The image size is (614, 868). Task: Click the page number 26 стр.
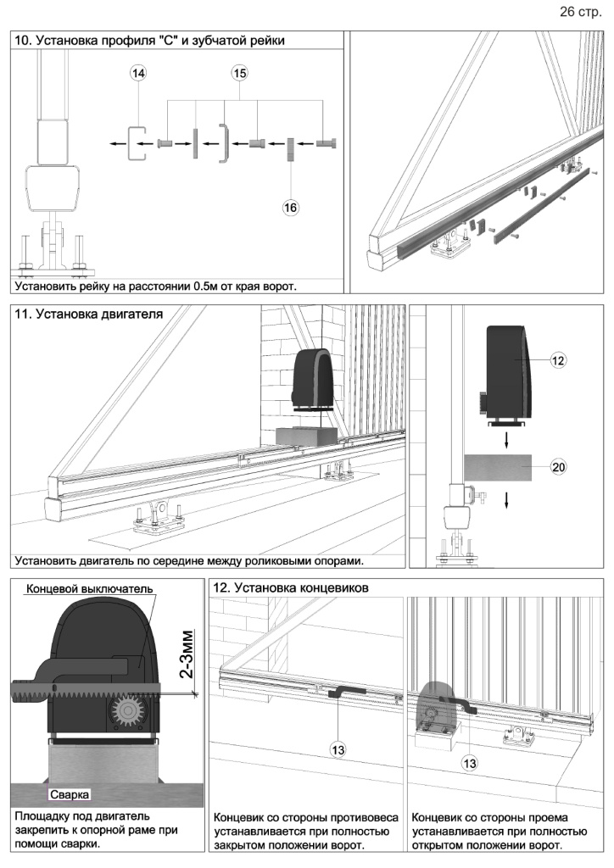[579, 13]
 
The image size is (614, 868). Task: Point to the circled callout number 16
[291, 206]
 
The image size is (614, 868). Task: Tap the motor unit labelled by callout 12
[508, 372]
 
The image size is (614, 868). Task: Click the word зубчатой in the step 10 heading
[215, 40]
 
